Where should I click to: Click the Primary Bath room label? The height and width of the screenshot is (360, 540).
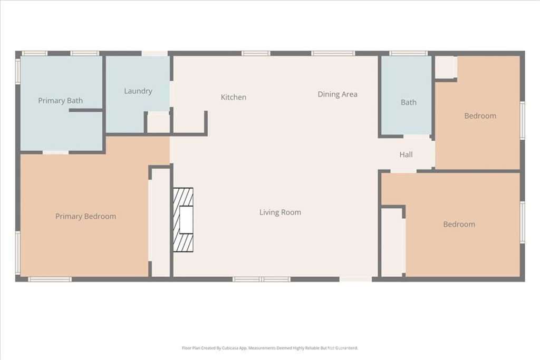point(60,101)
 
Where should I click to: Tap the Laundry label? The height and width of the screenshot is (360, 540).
point(138,91)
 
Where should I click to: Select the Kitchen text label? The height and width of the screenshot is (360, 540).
point(233,97)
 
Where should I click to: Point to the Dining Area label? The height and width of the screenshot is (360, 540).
point(337,94)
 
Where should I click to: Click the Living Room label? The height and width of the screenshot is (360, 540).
point(280,212)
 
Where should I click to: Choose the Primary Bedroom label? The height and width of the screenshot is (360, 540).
point(85,216)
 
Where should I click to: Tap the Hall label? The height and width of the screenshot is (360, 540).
point(406,154)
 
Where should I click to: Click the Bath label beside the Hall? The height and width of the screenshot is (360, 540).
point(408,102)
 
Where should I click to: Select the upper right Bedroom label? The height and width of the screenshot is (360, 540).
point(480,116)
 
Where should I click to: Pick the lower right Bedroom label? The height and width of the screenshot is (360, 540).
point(459,224)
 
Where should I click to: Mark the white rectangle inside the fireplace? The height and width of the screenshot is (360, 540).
point(186,220)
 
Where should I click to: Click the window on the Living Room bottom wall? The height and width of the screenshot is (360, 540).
point(262,279)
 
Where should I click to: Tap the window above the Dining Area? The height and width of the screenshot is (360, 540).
point(333,53)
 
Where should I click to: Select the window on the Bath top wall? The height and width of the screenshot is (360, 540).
point(408,53)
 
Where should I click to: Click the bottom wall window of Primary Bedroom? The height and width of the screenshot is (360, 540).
point(50,279)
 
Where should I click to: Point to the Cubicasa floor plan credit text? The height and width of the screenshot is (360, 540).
point(270,348)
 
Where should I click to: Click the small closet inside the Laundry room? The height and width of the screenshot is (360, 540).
point(158,123)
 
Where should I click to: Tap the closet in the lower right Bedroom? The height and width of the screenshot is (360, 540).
point(392,242)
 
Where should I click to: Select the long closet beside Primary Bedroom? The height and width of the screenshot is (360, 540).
point(160,221)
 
